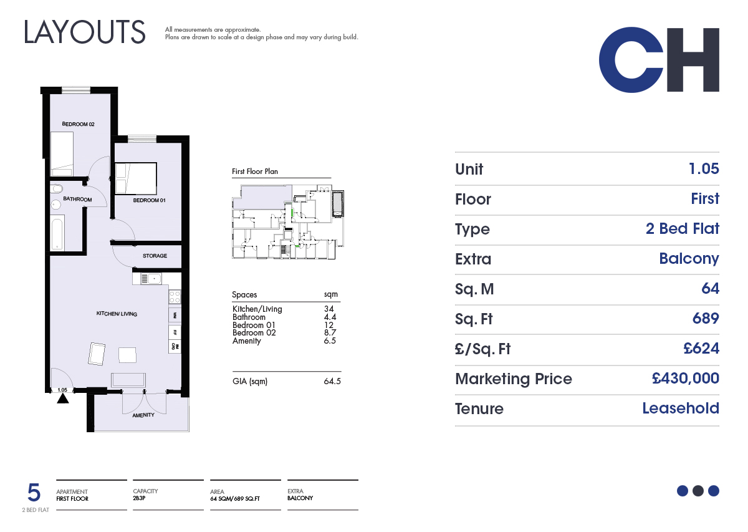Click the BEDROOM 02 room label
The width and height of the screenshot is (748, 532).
[78, 124]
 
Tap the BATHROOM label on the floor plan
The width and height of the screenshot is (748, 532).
[77, 199]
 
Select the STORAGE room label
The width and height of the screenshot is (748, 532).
[155, 256]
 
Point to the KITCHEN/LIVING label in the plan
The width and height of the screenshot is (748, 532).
[117, 314]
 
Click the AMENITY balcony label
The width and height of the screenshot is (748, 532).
[143, 415]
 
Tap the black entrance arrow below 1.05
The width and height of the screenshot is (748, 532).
[63, 399]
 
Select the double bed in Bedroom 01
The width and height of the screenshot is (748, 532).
[136, 178]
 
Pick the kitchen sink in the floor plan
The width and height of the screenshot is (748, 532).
[151, 279]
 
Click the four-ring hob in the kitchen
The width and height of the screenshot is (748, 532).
[175, 297]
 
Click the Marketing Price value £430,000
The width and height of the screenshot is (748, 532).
[686, 379]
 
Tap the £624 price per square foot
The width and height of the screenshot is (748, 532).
[701, 348]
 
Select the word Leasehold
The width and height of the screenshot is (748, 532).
[681, 408]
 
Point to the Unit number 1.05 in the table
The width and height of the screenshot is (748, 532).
[704, 169]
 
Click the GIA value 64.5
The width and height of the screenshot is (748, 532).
[332, 381]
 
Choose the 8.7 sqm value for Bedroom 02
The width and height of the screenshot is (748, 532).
[330, 332]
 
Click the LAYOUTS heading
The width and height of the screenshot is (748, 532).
[85, 32]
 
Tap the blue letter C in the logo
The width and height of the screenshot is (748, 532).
[631, 60]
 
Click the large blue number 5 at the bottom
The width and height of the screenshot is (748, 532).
[34, 493]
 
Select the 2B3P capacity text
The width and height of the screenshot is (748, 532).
[139, 498]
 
